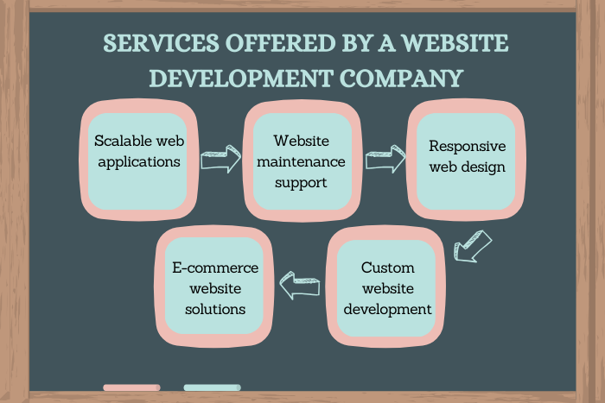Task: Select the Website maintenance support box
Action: (x=298, y=161)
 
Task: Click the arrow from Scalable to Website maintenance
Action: (x=219, y=159)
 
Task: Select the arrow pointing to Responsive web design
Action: (x=385, y=159)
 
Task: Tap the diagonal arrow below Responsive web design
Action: (x=473, y=246)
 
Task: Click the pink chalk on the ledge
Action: (x=131, y=387)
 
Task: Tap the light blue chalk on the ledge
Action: (x=212, y=387)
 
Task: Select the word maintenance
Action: (x=298, y=161)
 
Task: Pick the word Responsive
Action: (x=467, y=146)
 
